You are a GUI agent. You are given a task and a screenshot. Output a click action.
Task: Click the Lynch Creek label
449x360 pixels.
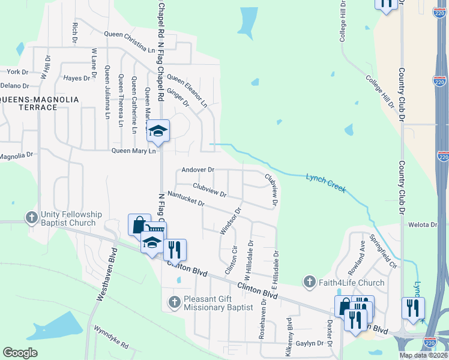pos(326,183)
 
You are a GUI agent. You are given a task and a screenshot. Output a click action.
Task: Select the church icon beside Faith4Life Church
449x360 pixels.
pos(309,281)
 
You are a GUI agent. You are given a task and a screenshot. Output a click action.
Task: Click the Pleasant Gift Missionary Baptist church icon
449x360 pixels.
pos(174,301)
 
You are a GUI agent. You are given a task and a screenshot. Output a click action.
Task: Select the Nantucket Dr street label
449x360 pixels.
pos(186,199)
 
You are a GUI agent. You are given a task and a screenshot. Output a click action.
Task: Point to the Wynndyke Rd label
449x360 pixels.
pos(111,337)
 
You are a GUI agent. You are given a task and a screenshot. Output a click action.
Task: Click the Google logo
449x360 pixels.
pos(20,353)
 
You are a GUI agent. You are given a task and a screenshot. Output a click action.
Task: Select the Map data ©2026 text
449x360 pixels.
pos(424,355)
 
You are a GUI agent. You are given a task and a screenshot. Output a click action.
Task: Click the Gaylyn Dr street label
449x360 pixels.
pos(310,344)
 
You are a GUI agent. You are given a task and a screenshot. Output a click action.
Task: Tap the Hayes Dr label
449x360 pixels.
pos(76,78)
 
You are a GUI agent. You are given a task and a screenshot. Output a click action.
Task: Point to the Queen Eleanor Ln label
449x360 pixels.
pos(187,91)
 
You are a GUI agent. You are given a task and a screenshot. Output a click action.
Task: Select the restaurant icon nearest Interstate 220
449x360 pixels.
pos(412,308)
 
